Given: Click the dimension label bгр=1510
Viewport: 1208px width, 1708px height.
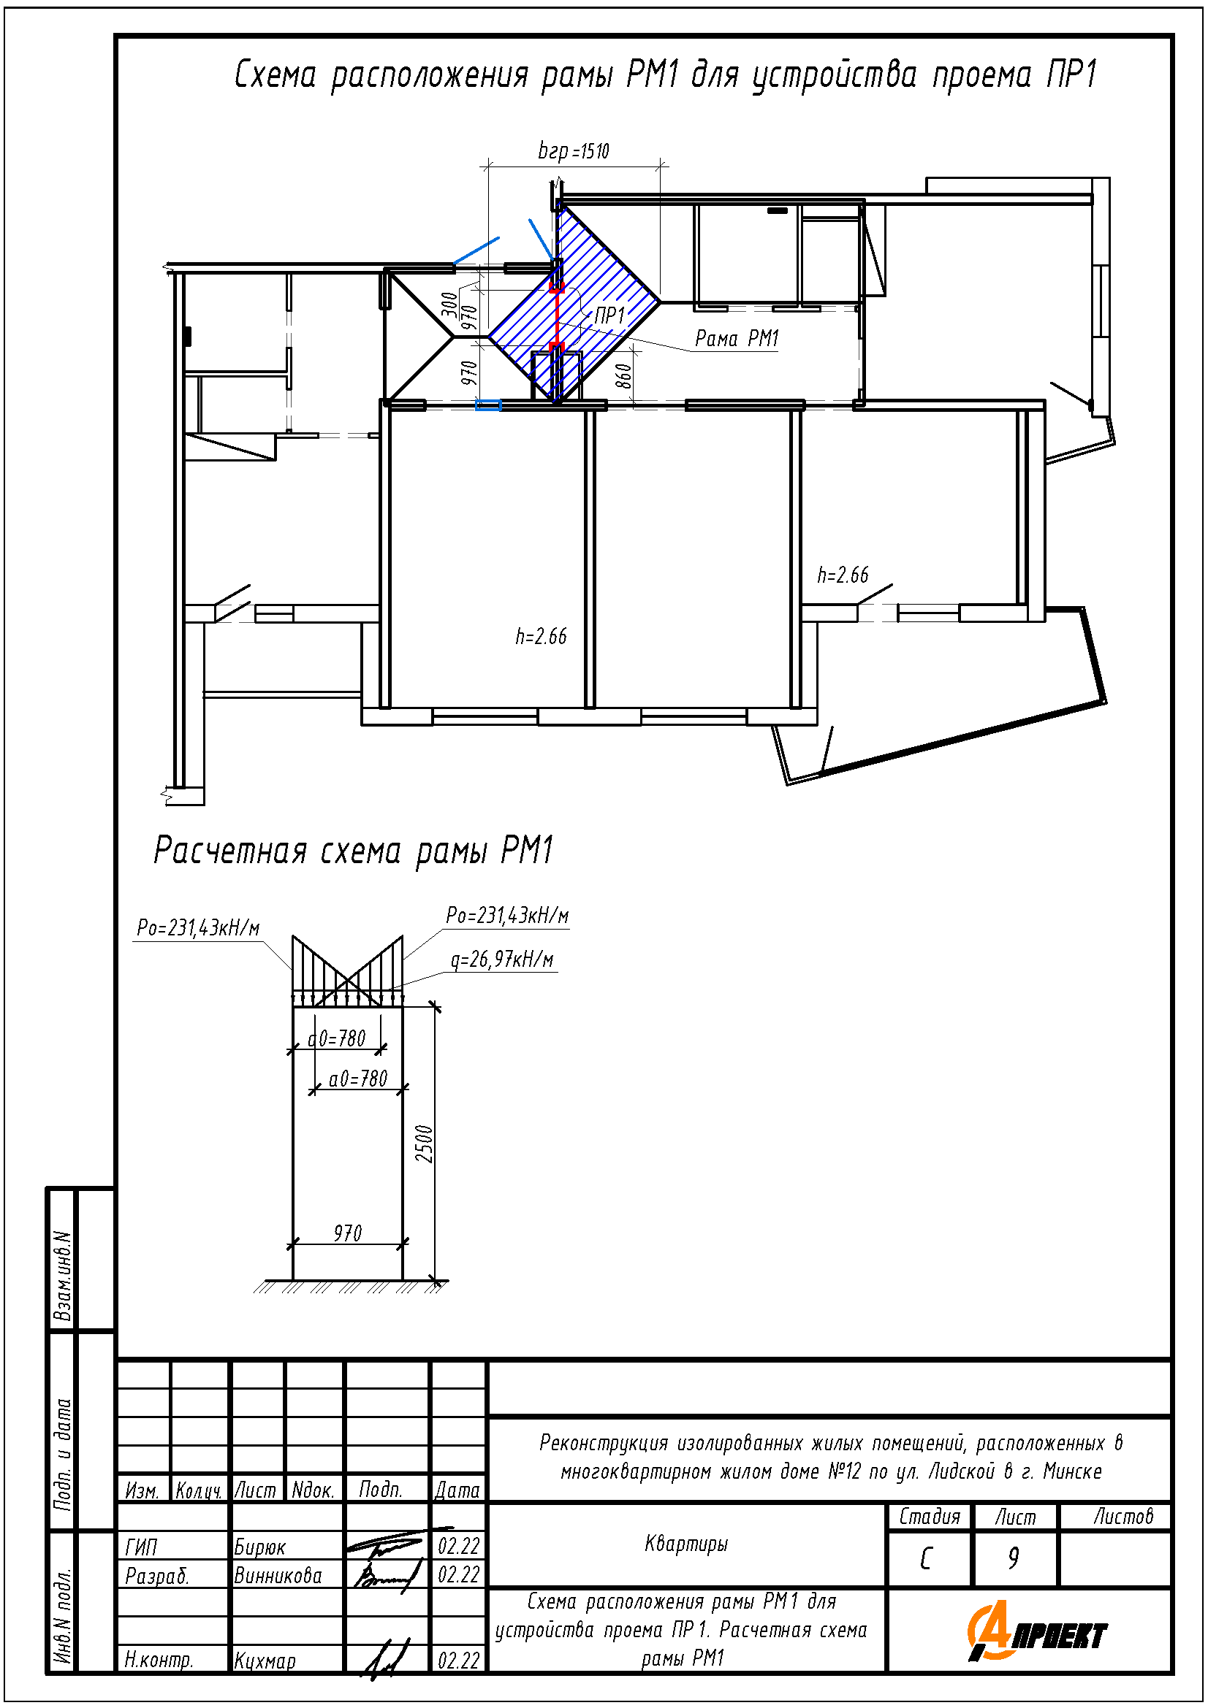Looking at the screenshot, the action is [x=573, y=152].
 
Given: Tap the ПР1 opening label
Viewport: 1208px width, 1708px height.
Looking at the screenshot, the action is [x=609, y=315].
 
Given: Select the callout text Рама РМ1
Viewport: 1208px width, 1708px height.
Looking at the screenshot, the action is [x=736, y=339].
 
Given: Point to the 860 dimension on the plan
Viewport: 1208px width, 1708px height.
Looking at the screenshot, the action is [x=625, y=375].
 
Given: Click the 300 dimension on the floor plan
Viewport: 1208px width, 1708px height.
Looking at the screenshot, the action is [x=450, y=305].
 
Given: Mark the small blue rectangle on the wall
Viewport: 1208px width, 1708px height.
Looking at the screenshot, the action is [x=488, y=405].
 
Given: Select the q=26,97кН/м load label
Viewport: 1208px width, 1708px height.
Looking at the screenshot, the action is [x=502, y=960].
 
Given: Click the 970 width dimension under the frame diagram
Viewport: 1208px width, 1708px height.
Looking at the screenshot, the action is [x=348, y=1233].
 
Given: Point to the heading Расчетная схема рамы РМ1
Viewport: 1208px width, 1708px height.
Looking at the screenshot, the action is [x=354, y=850].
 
